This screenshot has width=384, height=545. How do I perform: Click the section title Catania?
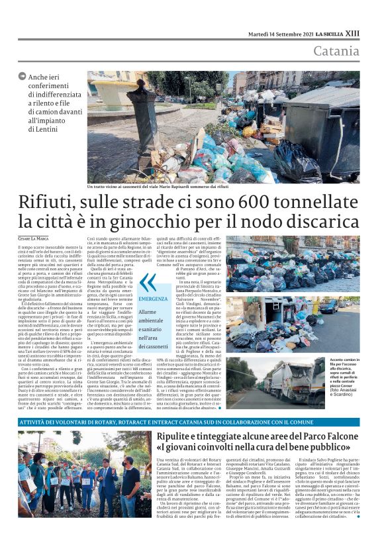[336, 51]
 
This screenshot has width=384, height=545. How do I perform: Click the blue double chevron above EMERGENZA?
[147, 282]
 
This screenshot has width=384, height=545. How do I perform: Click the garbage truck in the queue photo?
[278, 388]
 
